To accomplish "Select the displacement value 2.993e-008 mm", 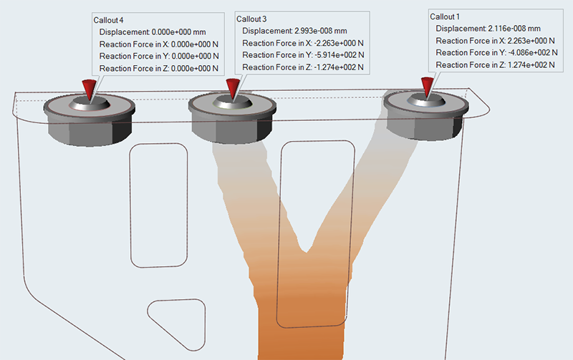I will pyautogui.click(x=321, y=31).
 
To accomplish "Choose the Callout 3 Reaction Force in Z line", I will pyautogui.click(x=303, y=67).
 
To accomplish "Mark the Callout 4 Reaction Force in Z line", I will pyautogui.click(x=160, y=68).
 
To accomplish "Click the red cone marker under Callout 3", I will pyautogui.click(x=232, y=89).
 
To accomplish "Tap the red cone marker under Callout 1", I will pyautogui.click(x=427, y=87).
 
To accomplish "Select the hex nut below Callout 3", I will pyautogui.click(x=232, y=122).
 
